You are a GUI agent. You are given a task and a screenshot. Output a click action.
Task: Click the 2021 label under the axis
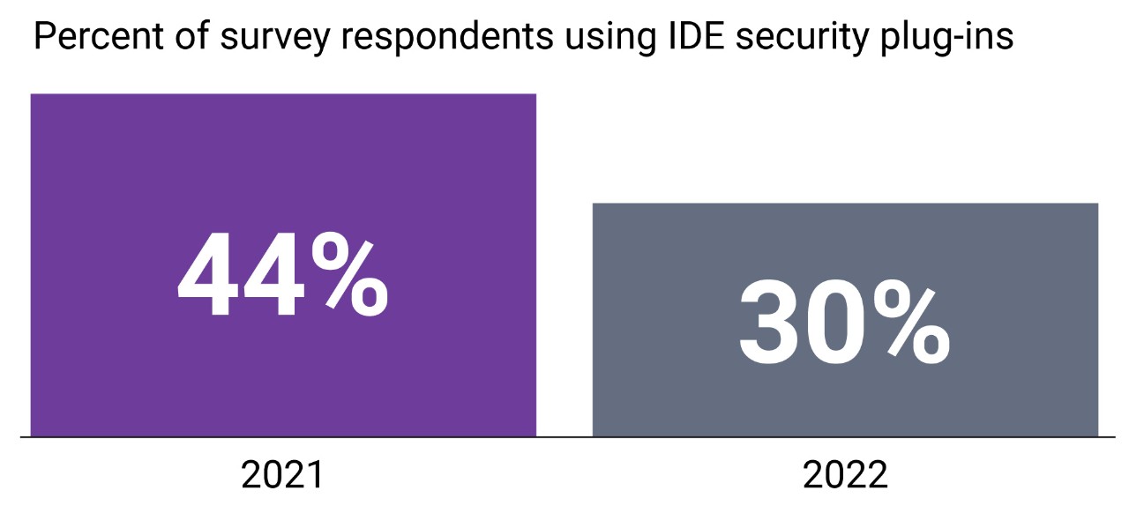[282, 476]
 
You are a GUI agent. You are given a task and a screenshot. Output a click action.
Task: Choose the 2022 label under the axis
[845, 476]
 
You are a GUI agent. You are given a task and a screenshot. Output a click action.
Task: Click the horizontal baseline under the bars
[564, 436]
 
